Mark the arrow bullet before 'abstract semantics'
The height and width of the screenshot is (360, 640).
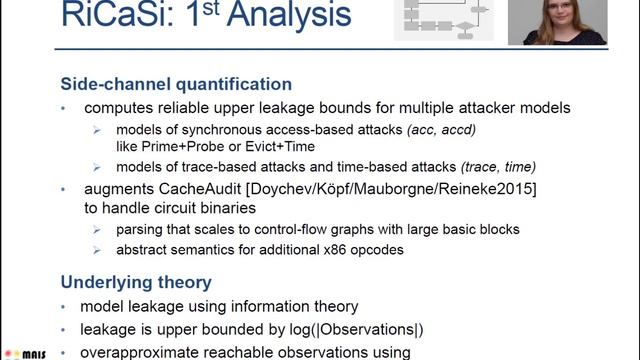97,249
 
